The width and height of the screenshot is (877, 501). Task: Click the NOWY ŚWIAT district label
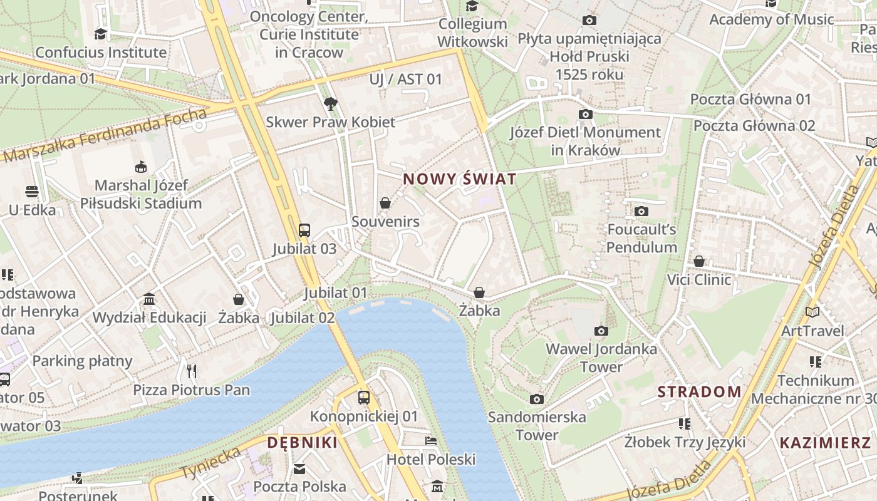tap(460, 179)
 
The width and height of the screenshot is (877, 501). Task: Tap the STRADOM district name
tap(699, 392)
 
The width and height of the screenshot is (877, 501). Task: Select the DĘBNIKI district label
tap(302, 443)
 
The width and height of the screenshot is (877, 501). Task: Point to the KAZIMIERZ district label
tap(825, 443)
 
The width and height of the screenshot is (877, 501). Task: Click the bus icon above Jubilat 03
tap(304, 230)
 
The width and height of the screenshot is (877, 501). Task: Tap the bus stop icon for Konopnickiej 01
tap(363, 397)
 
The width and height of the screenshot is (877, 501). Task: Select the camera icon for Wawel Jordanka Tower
tap(601, 331)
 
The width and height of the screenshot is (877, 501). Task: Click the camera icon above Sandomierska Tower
tap(537, 399)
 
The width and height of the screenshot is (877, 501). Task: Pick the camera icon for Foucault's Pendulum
tap(641, 211)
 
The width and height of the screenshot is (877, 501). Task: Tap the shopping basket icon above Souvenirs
tap(385, 203)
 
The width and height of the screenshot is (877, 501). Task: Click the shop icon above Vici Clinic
tap(699, 261)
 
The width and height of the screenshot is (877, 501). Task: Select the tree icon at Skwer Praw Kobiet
tap(330, 103)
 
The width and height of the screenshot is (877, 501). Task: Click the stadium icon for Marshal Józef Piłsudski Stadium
tap(141, 167)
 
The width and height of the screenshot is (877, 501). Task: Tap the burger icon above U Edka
tap(32, 191)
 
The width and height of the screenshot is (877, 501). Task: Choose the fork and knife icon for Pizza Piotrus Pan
tap(192, 371)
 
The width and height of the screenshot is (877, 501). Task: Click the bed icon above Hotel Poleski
tap(431, 440)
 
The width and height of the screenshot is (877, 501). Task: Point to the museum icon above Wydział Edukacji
tap(149, 299)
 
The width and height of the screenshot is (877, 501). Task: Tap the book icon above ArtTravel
tap(812, 312)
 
